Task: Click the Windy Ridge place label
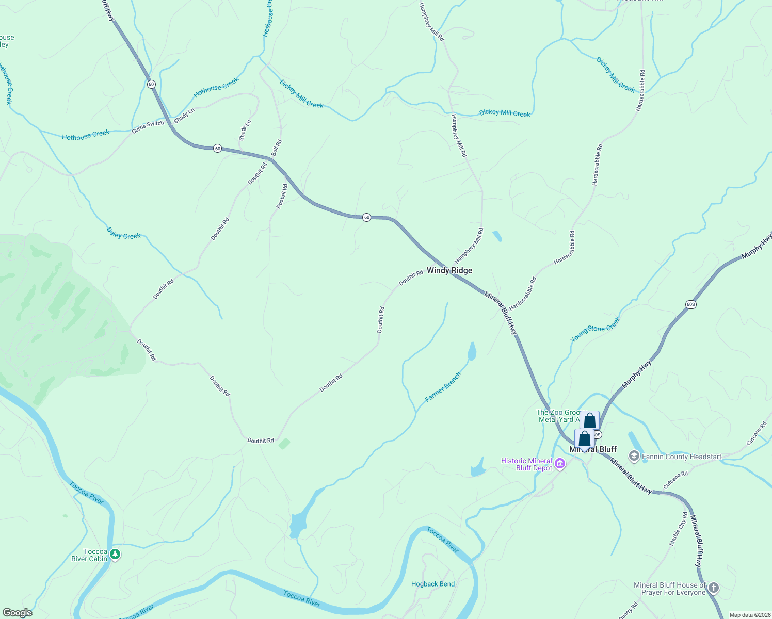(x=449, y=270)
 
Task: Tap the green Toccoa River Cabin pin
(x=115, y=555)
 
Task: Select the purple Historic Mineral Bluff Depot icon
(x=559, y=464)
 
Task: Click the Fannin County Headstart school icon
(x=634, y=457)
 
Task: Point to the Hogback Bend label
(x=433, y=584)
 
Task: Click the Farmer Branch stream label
(x=443, y=387)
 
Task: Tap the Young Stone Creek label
(x=596, y=330)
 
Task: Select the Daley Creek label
(x=123, y=233)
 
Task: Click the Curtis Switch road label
(x=148, y=127)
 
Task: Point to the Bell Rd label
(x=277, y=148)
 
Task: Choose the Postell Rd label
(x=282, y=196)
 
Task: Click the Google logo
(x=17, y=613)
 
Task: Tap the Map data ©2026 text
(x=748, y=615)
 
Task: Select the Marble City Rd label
(x=678, y=529)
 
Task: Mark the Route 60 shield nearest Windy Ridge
(x=366, y=217)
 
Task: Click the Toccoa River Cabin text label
(x=89, y=555)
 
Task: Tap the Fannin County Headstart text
(x=682, y=457)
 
